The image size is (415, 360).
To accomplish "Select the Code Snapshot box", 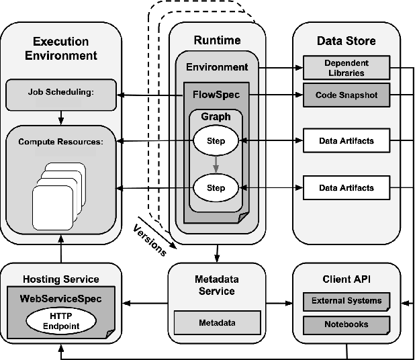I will point(346,95).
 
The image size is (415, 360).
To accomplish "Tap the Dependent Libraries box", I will point(346,68).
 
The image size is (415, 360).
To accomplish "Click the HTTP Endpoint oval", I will point(60,320).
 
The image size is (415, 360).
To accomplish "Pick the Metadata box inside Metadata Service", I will point(217,323).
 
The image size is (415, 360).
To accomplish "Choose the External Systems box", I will point(346,300).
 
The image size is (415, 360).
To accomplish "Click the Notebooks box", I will point(346,324).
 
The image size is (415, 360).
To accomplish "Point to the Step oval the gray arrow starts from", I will point(216,142).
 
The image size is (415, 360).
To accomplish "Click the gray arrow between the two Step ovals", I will point(216,163).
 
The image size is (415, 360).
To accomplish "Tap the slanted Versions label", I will point(150,236).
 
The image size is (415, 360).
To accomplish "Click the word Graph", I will point(216,116).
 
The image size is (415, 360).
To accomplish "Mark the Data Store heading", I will point(346,41).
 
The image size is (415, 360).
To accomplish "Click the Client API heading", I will point(346,279).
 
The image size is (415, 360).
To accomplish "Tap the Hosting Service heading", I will point(61,279).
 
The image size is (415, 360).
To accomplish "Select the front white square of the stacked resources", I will point(51,206).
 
